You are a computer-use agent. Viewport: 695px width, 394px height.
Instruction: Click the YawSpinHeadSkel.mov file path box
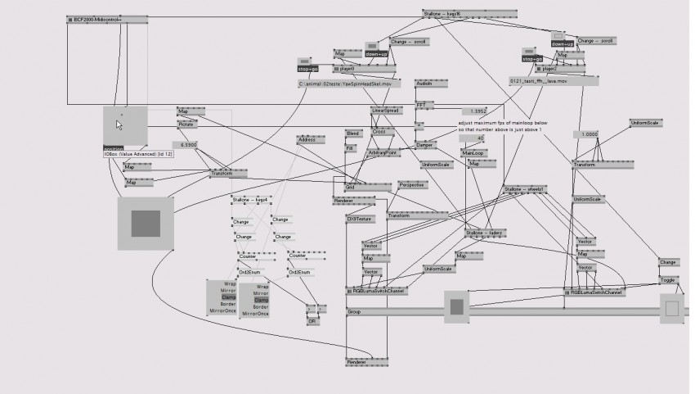351,84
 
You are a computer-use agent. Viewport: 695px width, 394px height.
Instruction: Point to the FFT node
421,104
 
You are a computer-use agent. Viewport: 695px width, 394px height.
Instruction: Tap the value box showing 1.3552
477,111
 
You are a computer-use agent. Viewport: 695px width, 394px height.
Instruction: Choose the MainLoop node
473,153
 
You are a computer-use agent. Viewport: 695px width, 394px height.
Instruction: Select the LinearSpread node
385,110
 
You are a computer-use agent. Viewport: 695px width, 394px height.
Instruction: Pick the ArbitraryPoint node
383,152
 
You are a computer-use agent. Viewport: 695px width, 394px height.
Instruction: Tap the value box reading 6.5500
190,144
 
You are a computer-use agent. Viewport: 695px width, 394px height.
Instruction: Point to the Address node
307,140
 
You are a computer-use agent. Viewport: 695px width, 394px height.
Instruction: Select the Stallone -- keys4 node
251,199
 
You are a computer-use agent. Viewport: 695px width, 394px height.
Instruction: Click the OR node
312,321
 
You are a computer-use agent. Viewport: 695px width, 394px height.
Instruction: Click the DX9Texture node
358,220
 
